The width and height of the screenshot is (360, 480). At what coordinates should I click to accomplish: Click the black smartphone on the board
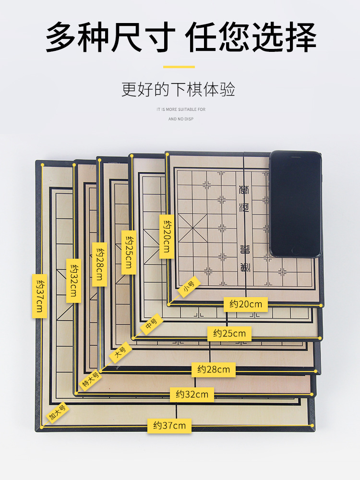[295, 204]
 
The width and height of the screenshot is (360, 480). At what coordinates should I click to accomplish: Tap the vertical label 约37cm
[39, 296]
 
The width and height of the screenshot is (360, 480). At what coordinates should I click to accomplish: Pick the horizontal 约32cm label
[192, 395]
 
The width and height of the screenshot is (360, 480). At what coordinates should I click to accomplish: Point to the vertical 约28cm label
[99, 264]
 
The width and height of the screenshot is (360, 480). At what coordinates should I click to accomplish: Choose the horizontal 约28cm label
[214, 370]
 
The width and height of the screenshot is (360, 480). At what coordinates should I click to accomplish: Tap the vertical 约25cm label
[129, 252]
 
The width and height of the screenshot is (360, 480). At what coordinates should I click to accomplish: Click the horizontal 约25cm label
[229, 333]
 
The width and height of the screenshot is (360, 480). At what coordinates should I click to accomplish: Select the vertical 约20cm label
[166, 236]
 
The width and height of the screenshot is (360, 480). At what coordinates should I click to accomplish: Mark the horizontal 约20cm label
[245, 304]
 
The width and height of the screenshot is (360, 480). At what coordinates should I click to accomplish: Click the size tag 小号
[189, 287]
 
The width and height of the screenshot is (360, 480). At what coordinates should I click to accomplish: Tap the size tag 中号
[151, 324]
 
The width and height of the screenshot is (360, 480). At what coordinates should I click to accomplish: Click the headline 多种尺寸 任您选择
[180, 37]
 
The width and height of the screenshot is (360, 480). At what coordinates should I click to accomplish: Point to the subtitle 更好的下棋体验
[179, 90]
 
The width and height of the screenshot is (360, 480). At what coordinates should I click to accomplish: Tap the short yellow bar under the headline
[179, 67]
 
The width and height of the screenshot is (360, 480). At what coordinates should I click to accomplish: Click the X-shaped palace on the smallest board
[192, 228]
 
